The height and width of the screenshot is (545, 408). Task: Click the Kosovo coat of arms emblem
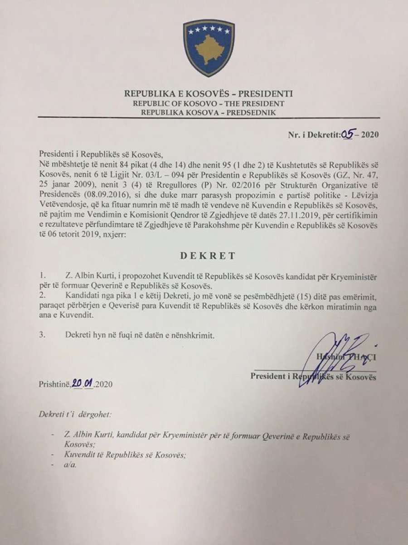(209, 48)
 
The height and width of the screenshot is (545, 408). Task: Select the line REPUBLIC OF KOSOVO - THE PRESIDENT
(209, 103)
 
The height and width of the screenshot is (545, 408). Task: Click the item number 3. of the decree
(43, 336)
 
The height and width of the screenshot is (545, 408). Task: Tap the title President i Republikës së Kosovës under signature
(313, 377)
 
